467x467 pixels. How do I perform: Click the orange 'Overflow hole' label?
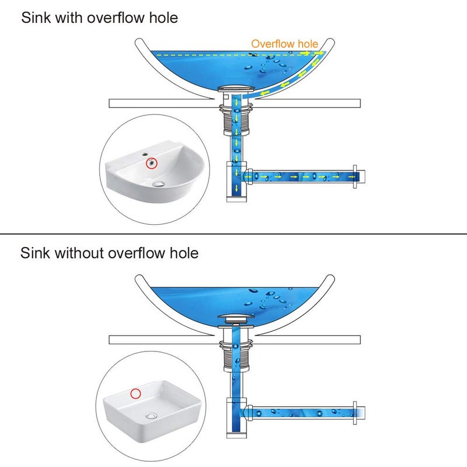pyautogui.click(x=285, y=44)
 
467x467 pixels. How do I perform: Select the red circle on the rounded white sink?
pyautogui.click(x=152, y=163)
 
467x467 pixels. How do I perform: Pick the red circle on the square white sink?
pyautogui.click(x=135, y=393)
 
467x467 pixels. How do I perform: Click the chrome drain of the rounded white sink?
pyautogui.click(x=158, y=184)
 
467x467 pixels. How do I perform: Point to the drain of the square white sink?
pyautogui.click(x=151, y=416)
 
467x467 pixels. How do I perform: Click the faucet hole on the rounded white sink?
pyautogui.click(x=145, y=155)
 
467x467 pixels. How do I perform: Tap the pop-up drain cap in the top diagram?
pyautogui.click(x=236, y=89)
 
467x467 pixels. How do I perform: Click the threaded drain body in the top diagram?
pyautogui.click(x=236, y=123)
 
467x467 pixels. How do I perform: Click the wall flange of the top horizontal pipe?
pyautogui.click(x=355, y=177)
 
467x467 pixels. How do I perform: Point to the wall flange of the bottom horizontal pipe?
pyautogui.click(x=355, y=413)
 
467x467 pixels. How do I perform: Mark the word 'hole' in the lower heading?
pyautogui.click(x=184, y=253)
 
